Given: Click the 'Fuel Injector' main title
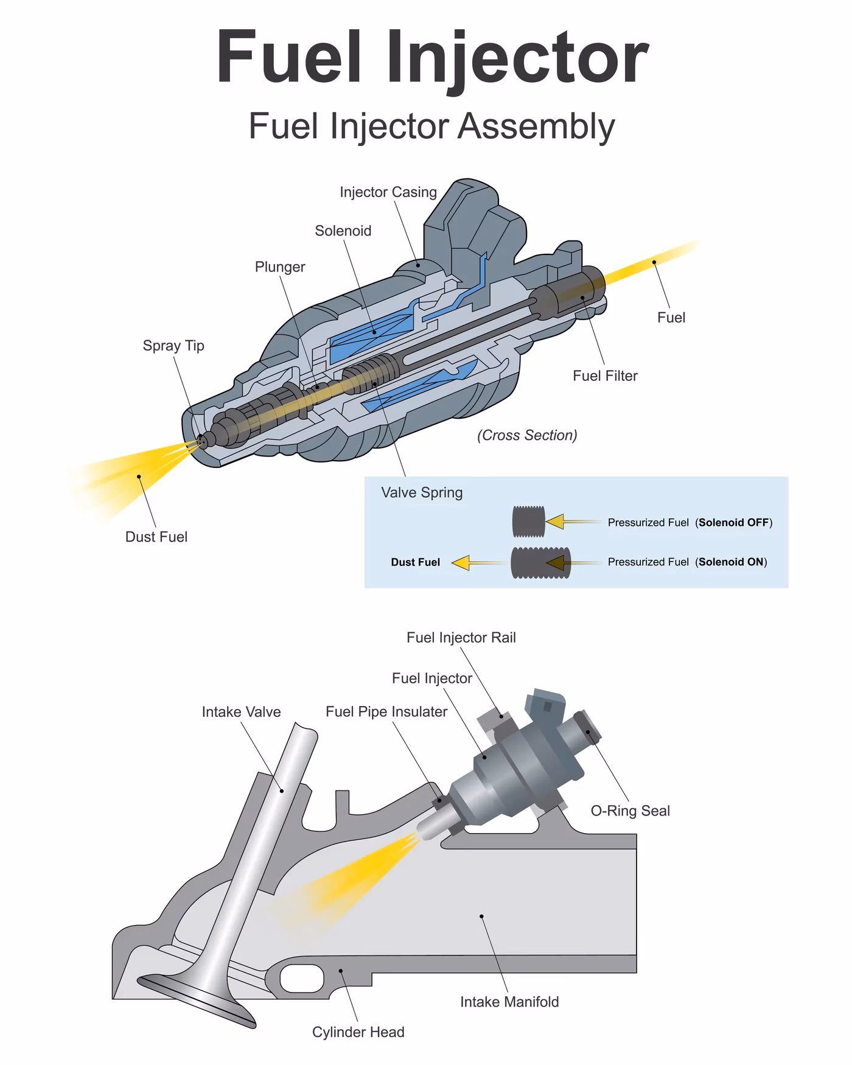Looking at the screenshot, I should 432,58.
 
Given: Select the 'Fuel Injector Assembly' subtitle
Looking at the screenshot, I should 432,127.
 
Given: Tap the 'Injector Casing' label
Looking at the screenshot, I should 388,192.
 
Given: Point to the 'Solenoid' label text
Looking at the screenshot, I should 343,231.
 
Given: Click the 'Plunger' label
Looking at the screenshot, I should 280,267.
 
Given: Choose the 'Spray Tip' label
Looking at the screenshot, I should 173,346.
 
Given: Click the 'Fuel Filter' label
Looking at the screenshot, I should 605,375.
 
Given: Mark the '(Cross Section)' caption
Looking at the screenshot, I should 527,435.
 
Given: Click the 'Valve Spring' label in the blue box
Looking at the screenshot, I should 422,492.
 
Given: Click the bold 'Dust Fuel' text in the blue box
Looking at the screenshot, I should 415,562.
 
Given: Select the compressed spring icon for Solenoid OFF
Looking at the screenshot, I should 528,522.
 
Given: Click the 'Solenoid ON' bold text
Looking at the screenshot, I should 731,562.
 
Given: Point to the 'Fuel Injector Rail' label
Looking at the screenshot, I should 461,638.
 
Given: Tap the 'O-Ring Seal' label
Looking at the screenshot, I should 630,811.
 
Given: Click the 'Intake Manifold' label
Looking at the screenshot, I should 509,1002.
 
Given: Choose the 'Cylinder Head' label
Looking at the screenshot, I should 358,1032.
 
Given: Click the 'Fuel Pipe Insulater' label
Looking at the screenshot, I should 386,712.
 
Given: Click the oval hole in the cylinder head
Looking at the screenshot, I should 301,979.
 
